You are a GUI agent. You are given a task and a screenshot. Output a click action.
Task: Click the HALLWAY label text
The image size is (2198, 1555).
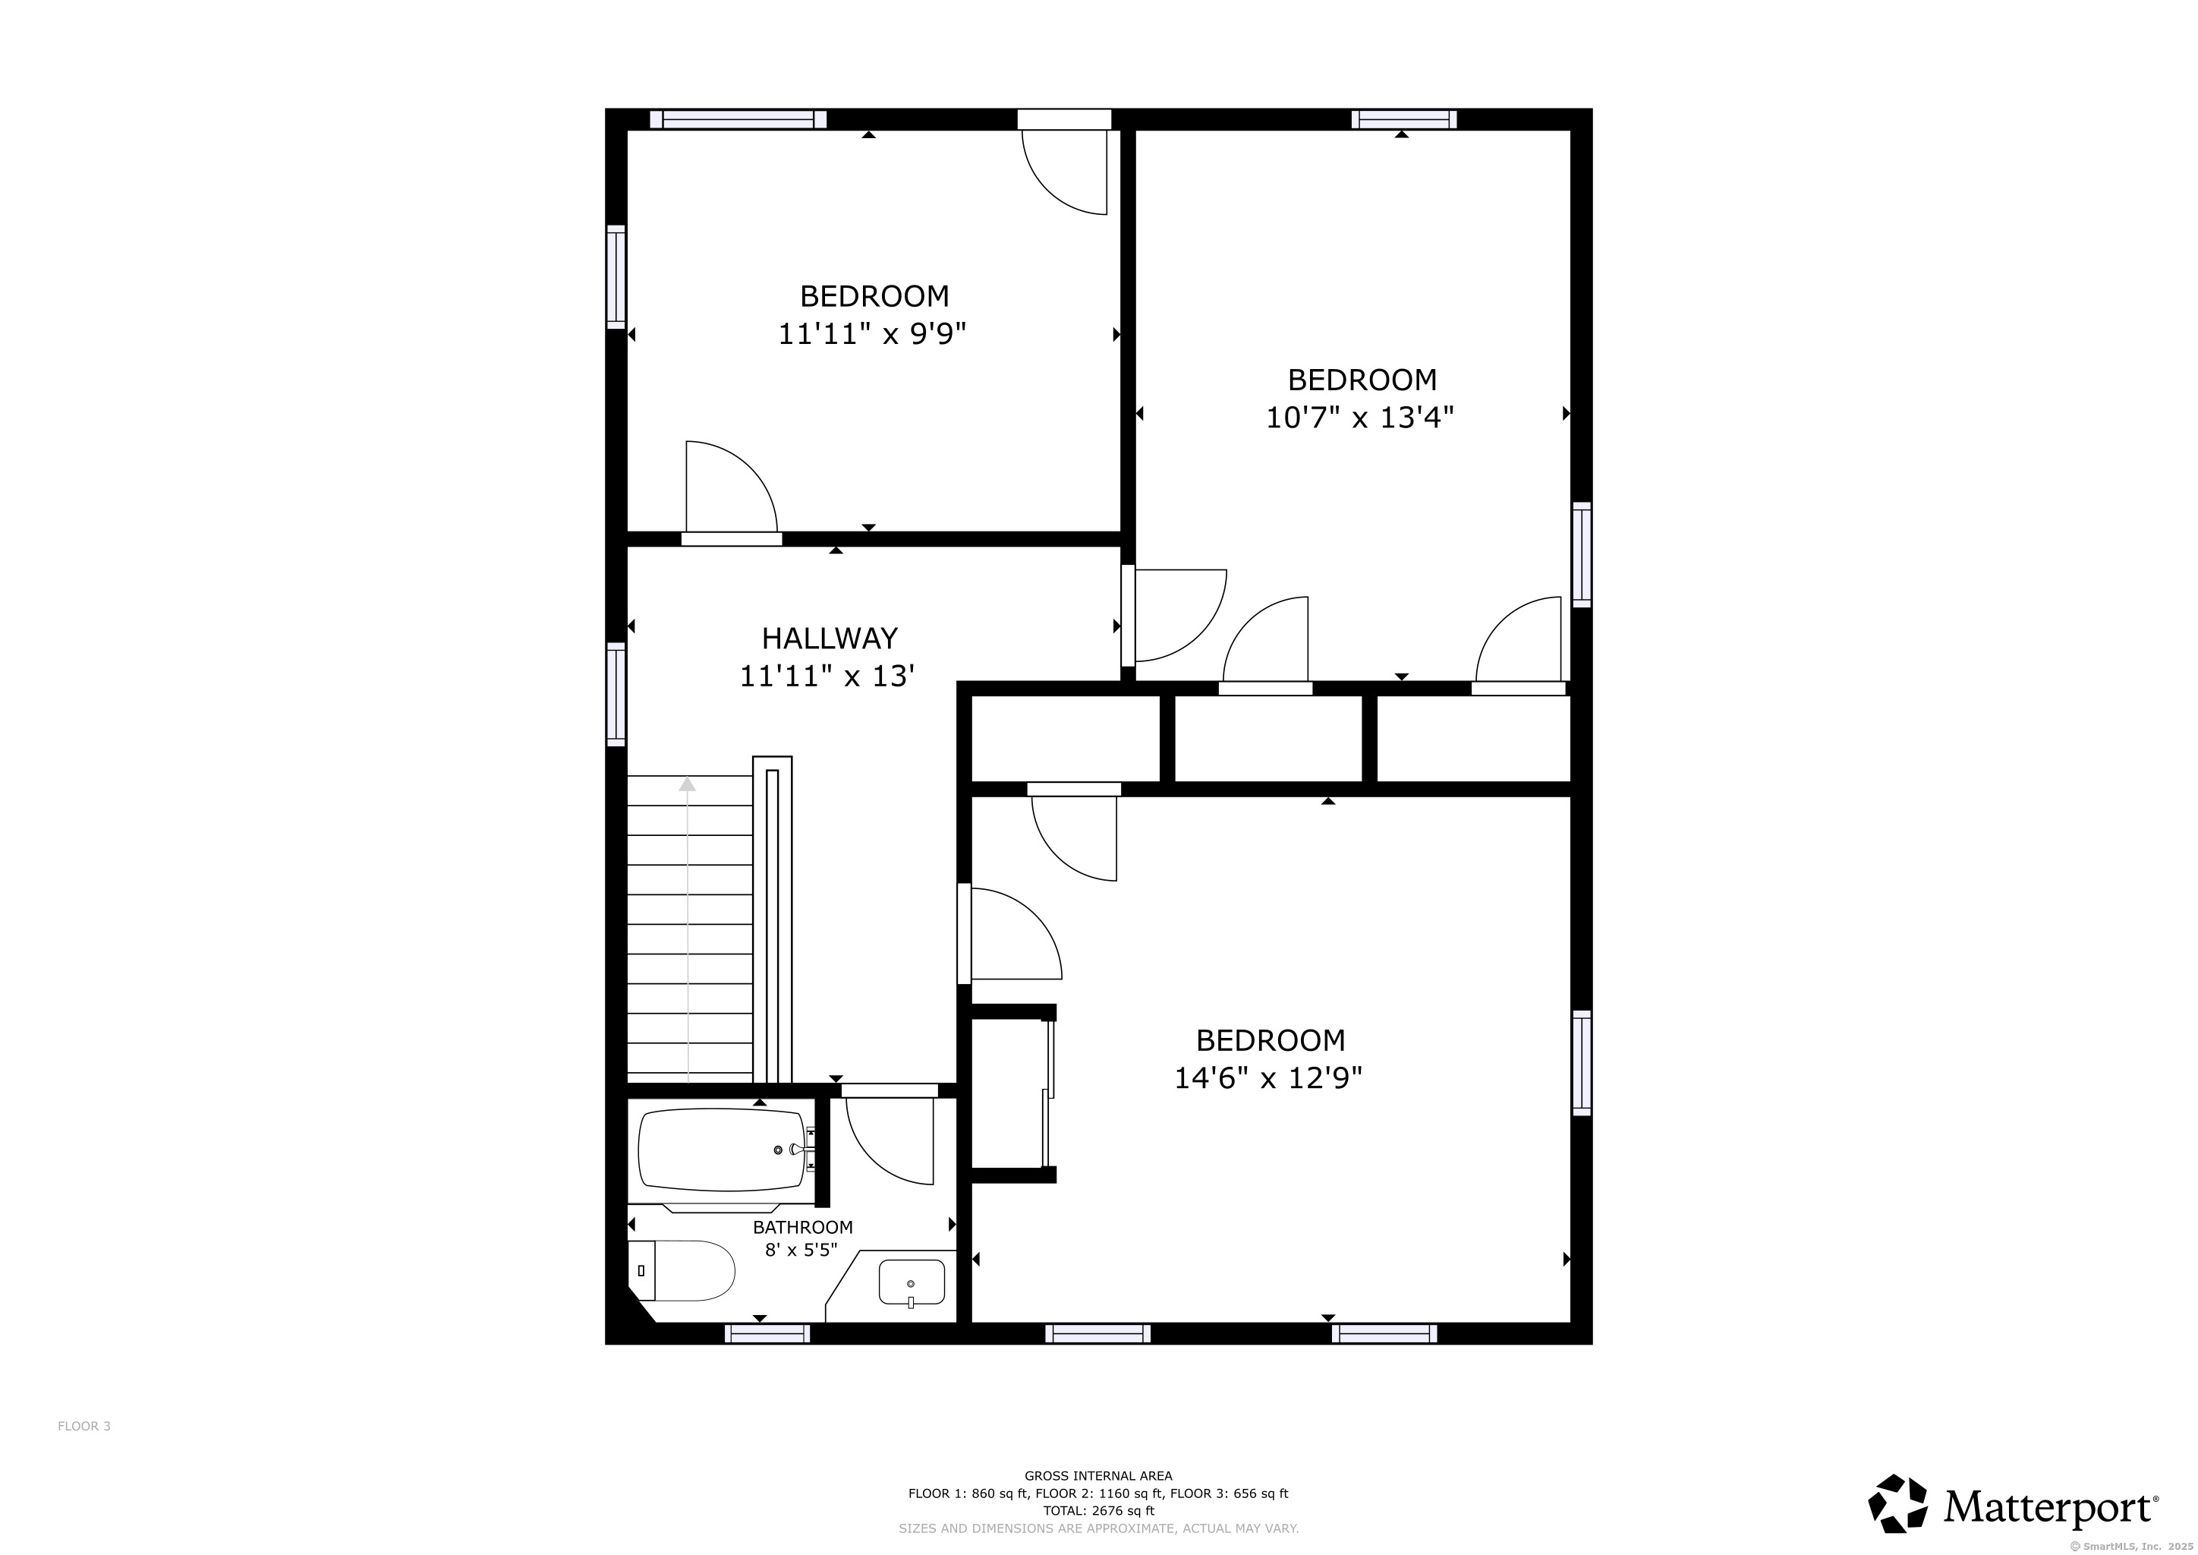pyautogui.click(x=829, y=638)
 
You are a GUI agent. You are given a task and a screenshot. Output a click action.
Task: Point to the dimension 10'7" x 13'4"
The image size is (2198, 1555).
pyautogui.click(x=1359, y=418)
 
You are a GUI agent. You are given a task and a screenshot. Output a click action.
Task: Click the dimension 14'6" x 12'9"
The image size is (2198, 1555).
pyautogui.click(x=1268, y=1078)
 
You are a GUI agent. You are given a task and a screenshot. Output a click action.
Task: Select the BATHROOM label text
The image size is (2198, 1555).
pyautogui.click(x=802, y=1226)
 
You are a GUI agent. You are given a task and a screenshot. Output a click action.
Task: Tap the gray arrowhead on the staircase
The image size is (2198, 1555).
pyautogui.click(x=688, y=784)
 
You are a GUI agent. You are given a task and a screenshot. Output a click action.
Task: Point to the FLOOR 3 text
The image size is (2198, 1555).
pyautogui.click(x=84, y=1426)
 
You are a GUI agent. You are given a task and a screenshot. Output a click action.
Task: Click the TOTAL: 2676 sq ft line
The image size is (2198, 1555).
pyautogui.click(x=1098, y=1511)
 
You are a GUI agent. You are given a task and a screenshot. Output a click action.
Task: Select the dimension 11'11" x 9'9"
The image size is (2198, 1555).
pyautogui.click(x=871, y=334)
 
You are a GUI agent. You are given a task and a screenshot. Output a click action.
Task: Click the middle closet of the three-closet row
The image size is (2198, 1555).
pyautogui.click(x=1267, y=738)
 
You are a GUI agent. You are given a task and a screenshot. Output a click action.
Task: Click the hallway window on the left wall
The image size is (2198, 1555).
pyautogui.click(x=616, y=694)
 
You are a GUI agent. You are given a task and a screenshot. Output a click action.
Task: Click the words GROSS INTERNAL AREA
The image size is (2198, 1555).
pyautogui.click(x=1098, y=1475)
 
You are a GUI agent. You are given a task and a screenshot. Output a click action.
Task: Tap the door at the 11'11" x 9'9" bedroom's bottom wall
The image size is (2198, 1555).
pyautogui.click(x=732, y=539)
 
